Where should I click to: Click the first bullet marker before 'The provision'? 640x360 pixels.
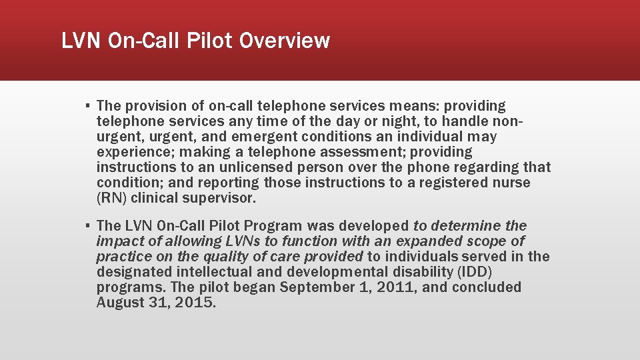point(87,106)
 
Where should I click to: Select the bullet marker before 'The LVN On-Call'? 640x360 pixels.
point(87,226)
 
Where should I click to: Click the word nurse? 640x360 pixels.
point(510,183)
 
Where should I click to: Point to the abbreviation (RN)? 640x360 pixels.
point(111,198)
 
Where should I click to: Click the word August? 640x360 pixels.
point(121,303)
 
